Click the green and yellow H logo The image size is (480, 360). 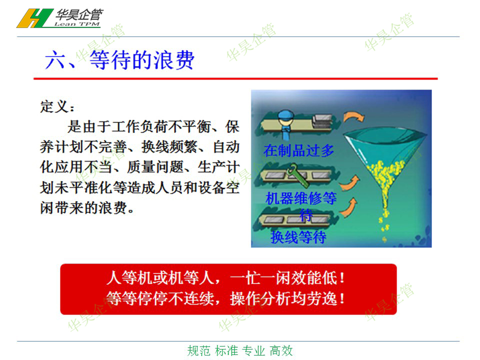(34, 18)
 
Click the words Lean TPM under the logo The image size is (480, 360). (77, 24)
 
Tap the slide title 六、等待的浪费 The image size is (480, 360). (119, 60)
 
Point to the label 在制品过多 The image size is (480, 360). (298, 150)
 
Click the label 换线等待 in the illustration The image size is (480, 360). (298, 237)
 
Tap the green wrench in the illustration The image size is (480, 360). (298, 175)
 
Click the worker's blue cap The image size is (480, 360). (286, 115)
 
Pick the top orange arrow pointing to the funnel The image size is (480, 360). (353, 117)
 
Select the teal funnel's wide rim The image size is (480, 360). (384, 134)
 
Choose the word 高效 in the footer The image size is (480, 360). (281, 351)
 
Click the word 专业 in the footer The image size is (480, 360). (253, 351)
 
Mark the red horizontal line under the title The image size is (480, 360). (235, 78)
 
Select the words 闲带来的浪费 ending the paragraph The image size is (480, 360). (83, 208)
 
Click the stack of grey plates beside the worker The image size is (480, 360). (322, 121)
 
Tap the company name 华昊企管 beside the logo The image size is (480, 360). (79, 14)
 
